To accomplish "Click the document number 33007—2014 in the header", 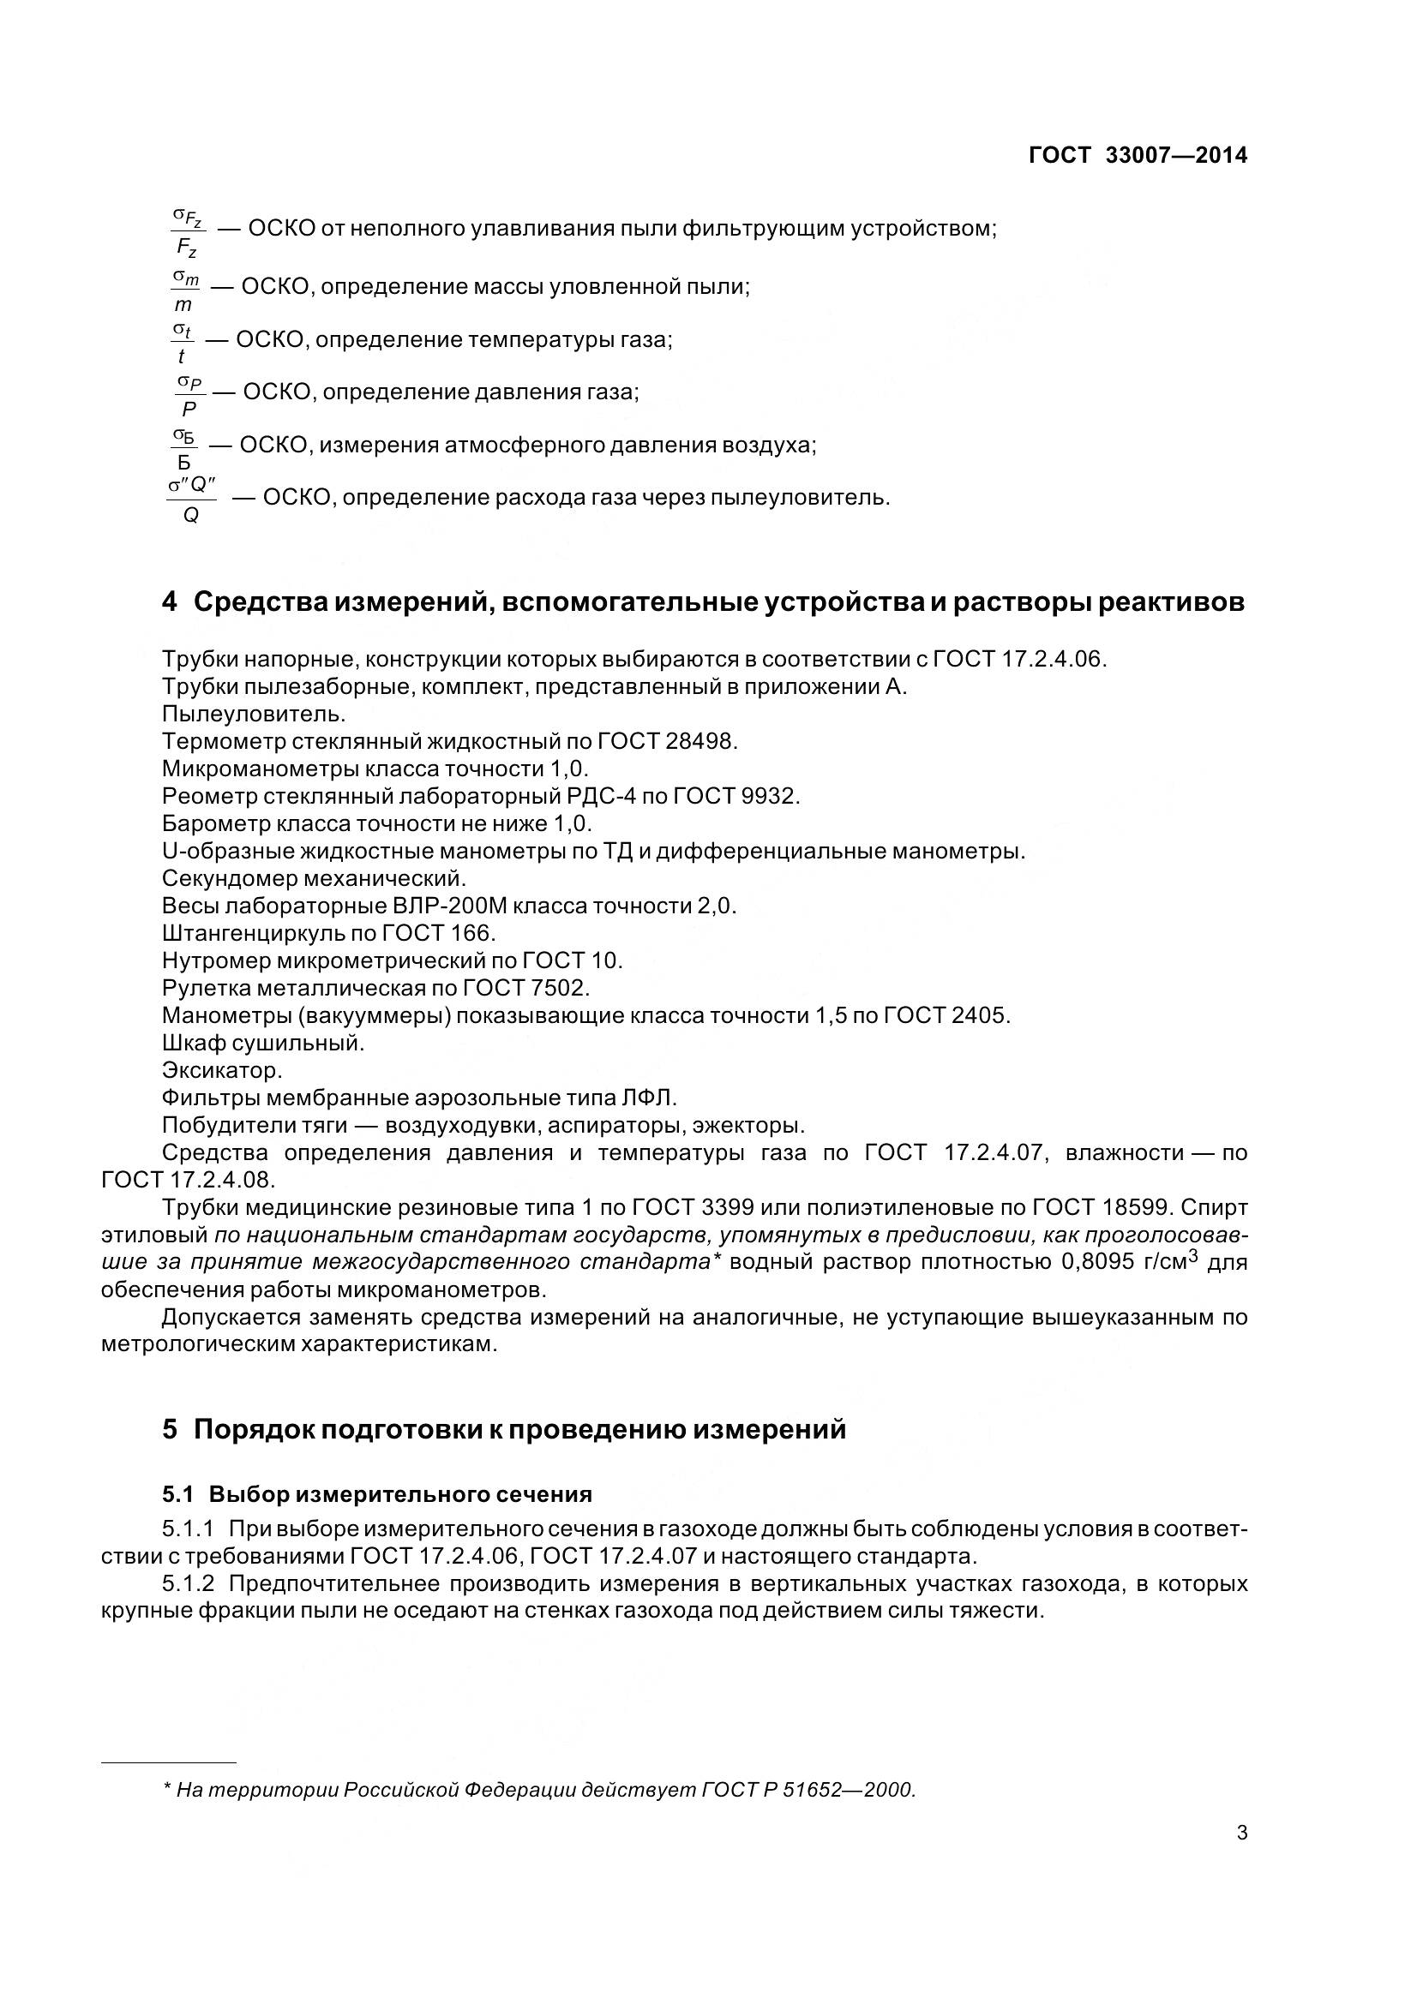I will (1176, 155).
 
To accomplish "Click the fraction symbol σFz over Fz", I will (187, 231).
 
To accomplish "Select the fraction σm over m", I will (184, 290).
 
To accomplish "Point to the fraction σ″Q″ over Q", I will (191, 500).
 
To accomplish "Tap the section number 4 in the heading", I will (170, 602).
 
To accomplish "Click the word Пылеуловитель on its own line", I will (254, 714).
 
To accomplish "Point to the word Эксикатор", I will (222, 1070).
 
